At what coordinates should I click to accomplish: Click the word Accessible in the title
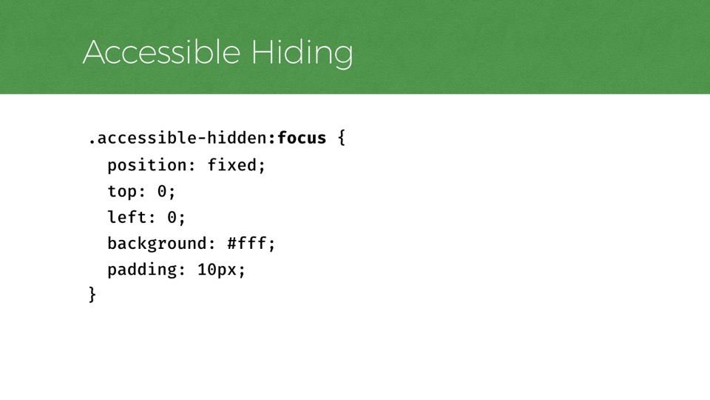pyautogui.click(x=161, y=52)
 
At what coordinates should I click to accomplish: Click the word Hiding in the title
pyautogui.click(x=302, y=53)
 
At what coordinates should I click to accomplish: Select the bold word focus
pyautogui.click(x=302, y=138)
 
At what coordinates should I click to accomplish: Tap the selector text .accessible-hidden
pyautogui.click(x=177, y=138)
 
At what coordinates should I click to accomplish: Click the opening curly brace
pyautogui.click(x=342, y=138)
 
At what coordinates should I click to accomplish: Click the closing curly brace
pyautogui.click(x=92, y=295)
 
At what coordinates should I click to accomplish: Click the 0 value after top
pyautogui.click(x=162, y=191)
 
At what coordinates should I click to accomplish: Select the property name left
pyautogui.click(x=126, y=217)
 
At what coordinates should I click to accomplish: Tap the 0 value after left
pyautogui.click(x=172, y=218)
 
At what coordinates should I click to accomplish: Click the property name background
pyautogui.click(x=157, y=244)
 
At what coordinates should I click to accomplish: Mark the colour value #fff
pyautogui.click(x=247, y=244)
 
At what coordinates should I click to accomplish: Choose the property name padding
pyautogui.click(x=142, y=270)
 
